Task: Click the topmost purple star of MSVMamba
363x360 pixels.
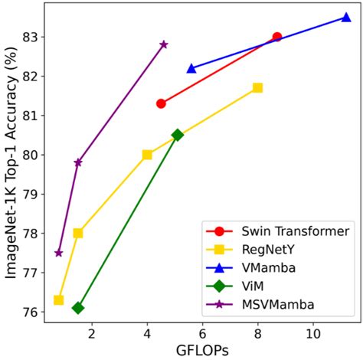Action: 164,44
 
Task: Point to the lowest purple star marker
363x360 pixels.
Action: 59,253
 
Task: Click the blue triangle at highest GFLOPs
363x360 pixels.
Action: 346,18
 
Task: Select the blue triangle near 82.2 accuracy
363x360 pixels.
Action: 191,68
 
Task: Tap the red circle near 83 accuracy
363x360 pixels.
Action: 277,37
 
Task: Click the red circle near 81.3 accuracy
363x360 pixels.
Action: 161,103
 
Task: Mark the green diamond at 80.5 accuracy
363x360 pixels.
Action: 178,135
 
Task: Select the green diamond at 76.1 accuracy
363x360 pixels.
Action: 78,308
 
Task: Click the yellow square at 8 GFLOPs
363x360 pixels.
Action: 257,87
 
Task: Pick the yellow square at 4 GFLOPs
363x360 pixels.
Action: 147,155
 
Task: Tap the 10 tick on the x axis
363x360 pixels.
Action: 313,334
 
